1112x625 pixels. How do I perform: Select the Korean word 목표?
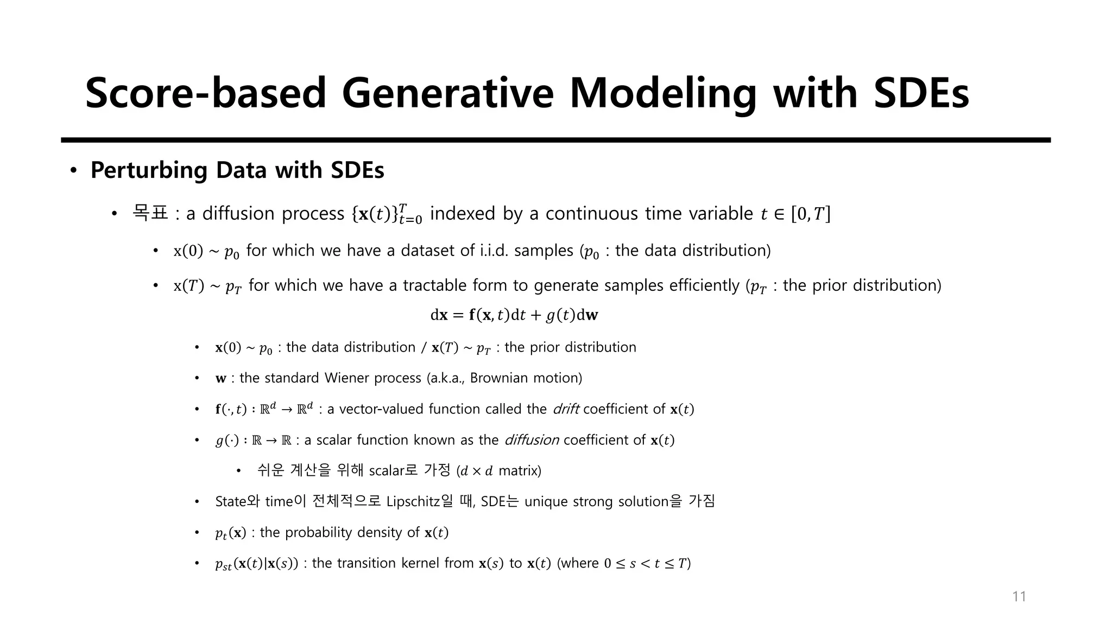[150, 213]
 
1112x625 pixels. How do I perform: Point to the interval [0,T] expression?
[811, 214]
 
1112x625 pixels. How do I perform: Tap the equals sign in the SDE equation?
[458, 315]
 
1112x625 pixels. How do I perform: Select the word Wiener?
[347, 378]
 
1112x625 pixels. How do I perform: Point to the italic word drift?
[566, 409]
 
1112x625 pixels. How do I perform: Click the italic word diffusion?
[532, 440]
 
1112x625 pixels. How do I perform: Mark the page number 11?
[1019, 597]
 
